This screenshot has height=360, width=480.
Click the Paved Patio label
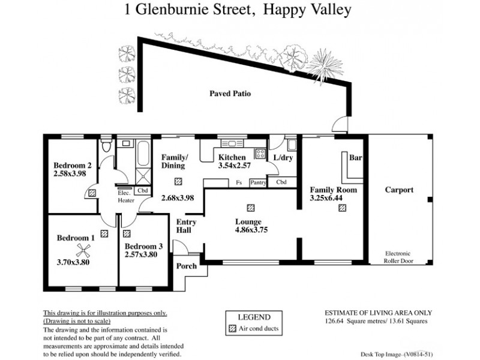[230, 94]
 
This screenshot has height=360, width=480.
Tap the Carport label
[399, 190]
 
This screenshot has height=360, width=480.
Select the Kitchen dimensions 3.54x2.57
[234, 166]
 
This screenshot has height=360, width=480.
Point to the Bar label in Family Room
[355, 158]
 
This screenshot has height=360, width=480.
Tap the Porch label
[186, 266]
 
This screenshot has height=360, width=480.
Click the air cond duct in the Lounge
[250, 207]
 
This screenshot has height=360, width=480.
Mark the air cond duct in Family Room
[342, 208]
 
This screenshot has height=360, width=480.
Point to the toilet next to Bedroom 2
[106, 146]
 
